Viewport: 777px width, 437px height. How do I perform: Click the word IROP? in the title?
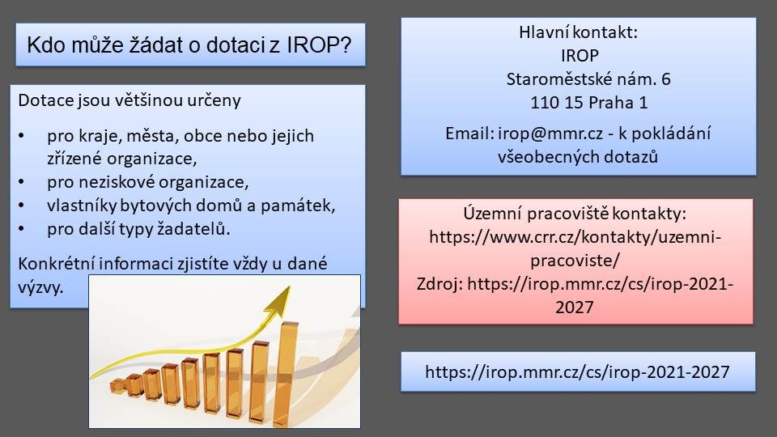click(x=319, y=45)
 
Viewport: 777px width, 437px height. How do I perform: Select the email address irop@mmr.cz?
click(x=550, y=134)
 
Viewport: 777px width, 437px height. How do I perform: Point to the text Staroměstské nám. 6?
click(x=588, y=78)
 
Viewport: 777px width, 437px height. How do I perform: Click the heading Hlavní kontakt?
click(x=578, y=32)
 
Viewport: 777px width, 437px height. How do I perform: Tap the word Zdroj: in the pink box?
click(x=439, y=284)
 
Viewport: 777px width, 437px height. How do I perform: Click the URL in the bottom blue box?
click(x=577, y=372)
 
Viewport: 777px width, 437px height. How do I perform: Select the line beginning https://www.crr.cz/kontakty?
click(x=575, y=237)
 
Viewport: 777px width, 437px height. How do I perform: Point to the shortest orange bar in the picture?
click(x=118, y=387)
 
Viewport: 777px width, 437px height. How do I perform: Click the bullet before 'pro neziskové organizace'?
click(x=21, y=182)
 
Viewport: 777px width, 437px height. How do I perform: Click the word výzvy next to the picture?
click(x=40, y=287)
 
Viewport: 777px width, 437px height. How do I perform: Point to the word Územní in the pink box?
click(x=492, y=214)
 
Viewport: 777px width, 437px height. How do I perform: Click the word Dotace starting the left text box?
click(x=45, y=100)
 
